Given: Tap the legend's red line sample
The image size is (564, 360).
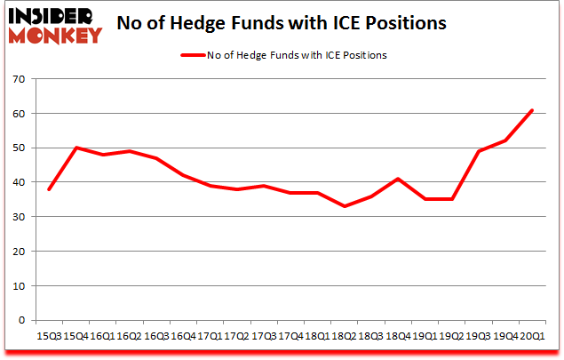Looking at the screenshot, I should (x=193, y=55).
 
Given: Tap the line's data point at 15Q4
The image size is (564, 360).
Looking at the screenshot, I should (x=75, y=148).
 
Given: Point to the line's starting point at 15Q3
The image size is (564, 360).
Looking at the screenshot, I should (x=48, y=189).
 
